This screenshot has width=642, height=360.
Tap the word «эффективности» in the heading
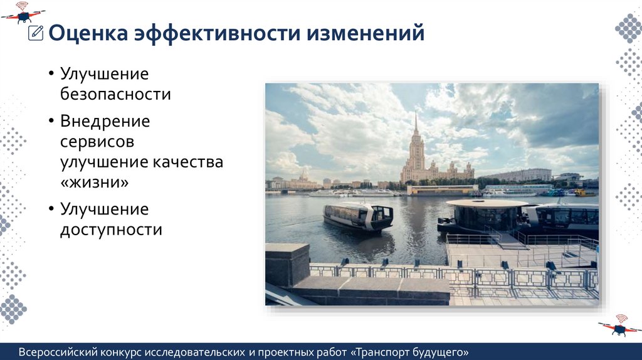point(216,33)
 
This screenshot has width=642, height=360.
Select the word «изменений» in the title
point(366,33)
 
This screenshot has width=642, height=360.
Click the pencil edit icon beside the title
point(36,33)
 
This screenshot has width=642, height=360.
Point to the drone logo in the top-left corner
point(23,11)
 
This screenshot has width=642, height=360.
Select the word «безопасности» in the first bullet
point(115,95)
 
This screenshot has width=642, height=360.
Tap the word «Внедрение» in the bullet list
point(105,120)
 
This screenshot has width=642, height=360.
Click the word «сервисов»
point(97,141)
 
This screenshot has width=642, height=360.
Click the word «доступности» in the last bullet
point(111,230)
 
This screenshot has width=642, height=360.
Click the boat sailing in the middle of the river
point(358,216)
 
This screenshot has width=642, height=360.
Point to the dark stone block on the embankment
point(287,264)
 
